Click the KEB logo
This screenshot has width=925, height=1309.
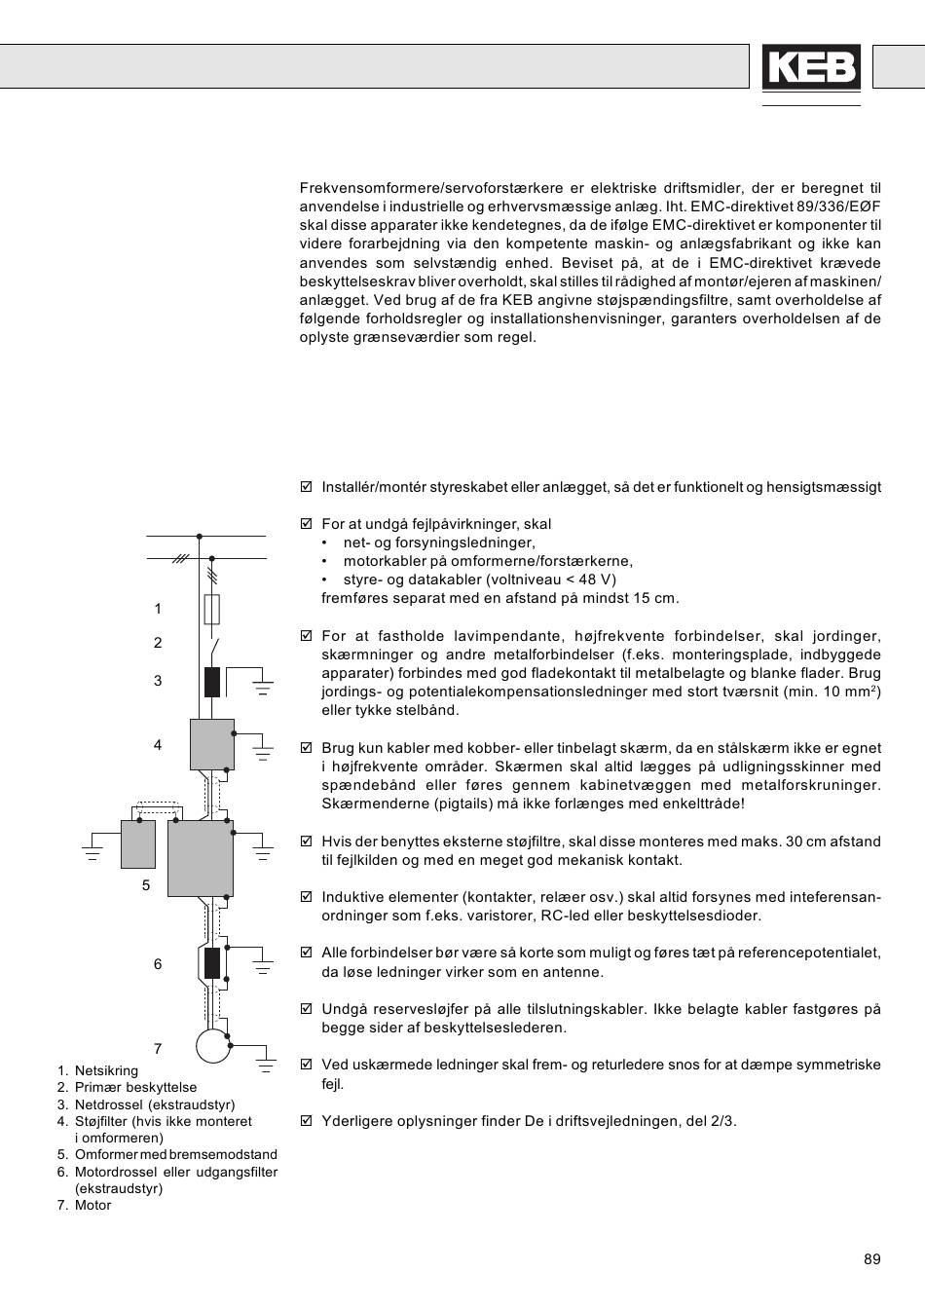click(x=811, y=68)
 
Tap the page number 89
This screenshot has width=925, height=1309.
click(x=871, y=1259)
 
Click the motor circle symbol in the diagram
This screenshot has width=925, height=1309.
click(x=211, y=1045)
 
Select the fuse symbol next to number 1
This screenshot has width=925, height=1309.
click(x=211, y=610)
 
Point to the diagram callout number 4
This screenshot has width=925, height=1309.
click(x=158, y=745)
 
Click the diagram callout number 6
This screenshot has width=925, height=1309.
click(x=158, y=964)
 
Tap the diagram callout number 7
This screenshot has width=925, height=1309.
click(x=158, y=1049)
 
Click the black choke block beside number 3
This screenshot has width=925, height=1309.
click(x=211, y=682)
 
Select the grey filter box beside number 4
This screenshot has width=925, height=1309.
click(x=211, y=744)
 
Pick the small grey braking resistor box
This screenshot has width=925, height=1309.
click(x=138, y=843)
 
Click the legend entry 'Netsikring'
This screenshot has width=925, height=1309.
click(x=106, y=1070)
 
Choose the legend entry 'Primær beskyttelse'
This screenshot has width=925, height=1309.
click(x=135, y=1087)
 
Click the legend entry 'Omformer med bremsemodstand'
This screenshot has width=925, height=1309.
click(x=175, y=1154)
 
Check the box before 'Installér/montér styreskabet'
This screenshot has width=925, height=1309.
click(x=307, y=487)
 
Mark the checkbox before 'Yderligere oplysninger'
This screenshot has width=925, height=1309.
click(x=307, y=1121)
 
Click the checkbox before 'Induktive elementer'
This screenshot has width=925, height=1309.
click(x=307, y=897)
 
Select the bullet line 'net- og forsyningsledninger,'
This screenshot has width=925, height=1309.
click(x=439, y=542)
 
